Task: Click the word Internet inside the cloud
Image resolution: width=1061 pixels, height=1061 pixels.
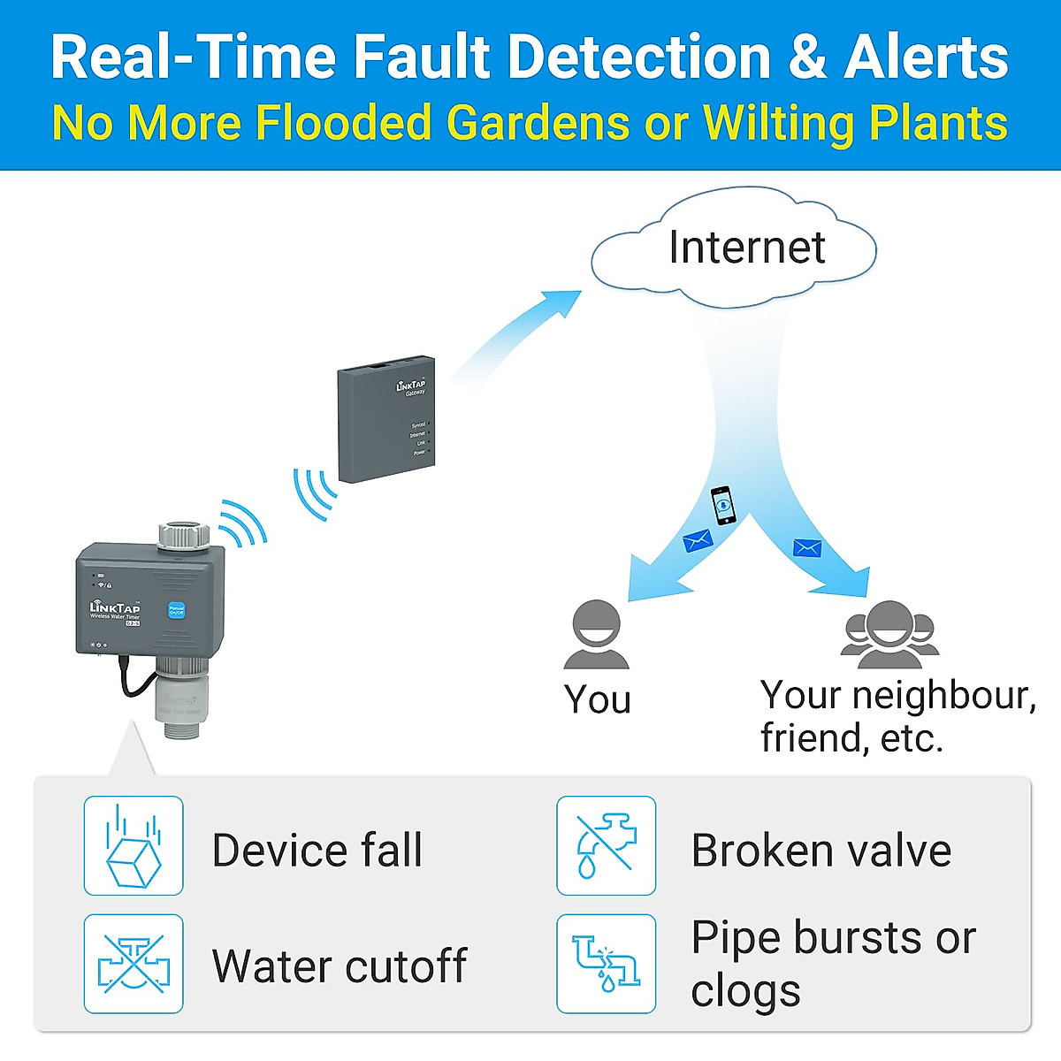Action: (747, 247)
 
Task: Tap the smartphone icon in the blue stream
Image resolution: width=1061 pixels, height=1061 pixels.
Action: (723, 506)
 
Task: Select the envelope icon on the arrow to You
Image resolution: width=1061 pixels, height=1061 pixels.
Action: (698, 540)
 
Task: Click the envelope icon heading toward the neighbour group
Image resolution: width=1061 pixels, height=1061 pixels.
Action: (807, 548)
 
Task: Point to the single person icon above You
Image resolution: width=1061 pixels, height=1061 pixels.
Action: (597, 635)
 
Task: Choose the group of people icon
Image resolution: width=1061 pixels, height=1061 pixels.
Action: (889, 634)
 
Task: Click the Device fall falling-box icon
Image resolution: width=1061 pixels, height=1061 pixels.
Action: (134, 845)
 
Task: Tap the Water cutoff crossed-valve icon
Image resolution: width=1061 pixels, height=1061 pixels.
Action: (134, 964)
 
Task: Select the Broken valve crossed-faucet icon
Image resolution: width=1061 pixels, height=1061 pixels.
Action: (607, 845)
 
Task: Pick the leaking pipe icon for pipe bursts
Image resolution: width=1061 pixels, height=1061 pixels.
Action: (607, 964)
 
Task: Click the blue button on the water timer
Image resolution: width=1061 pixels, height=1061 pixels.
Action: (176, 610)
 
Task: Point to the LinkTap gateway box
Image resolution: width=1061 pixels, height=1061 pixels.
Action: (386, 419)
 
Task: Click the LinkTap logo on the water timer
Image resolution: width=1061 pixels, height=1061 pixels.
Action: (115, 608)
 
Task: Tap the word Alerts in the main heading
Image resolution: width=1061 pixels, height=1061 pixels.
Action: (926, 57)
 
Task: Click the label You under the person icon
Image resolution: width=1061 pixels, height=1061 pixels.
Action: (598, 699)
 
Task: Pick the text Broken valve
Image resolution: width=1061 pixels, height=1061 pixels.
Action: (821, 851)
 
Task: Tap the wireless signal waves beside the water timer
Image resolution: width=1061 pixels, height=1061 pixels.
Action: (243, 523)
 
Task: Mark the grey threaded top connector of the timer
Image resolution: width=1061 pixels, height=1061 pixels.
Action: (184, 534)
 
